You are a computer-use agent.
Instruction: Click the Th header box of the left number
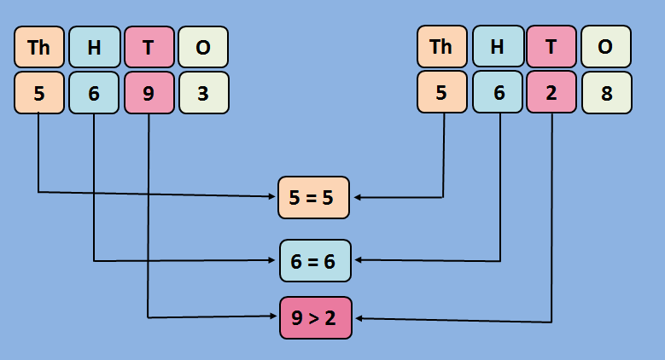pos(39,48)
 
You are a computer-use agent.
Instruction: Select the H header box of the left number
pos(94,48)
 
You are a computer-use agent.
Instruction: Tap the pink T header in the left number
pos(149,48)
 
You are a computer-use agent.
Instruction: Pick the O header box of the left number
pos(203,48)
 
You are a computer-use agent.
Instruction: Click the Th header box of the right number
pos(442,46)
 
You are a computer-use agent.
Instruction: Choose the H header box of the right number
pos(497,46)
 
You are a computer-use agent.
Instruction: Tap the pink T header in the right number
pos(551,46)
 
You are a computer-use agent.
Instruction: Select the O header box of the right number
pos(606,46)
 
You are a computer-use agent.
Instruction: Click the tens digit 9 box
pos(149,93)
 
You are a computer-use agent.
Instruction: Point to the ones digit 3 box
pos(203,93)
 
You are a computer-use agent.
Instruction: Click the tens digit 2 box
pos(551,92)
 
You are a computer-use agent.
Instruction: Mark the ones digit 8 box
pos(606,92)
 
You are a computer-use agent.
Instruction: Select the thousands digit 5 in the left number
pos(39,93)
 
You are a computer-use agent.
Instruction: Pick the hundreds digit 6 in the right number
pos(497,92)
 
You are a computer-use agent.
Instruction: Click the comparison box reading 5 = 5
pos(313,197)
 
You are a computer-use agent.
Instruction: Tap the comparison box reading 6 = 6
pos(315,261)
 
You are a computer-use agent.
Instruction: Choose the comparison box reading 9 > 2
pos(315,318)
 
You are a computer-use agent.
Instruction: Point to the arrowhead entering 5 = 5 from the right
pos(358,197)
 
